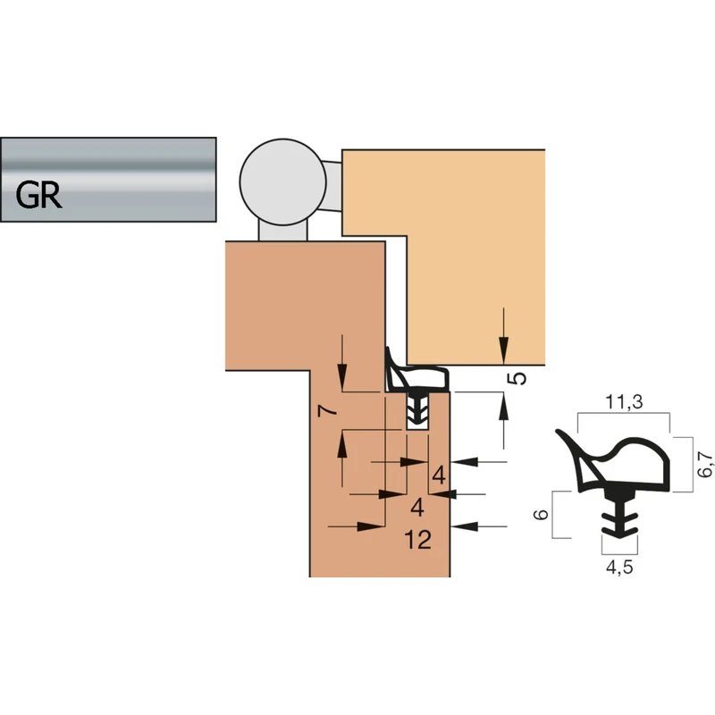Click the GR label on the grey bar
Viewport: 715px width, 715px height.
click(x=38, y=195)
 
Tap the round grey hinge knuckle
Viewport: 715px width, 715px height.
click(x=282, y=182)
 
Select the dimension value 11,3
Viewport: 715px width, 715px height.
click(x=624, y=401)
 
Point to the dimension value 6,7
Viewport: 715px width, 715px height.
click(x=705, y=464)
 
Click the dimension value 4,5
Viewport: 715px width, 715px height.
click(x=619, y=567)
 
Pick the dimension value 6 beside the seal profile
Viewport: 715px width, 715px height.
click(x=541, y=515)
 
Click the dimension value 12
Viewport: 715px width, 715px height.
click(x=417, y=540)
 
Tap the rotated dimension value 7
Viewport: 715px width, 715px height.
click(x=328, y=411)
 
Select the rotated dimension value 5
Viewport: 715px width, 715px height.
click(x=517, y=378)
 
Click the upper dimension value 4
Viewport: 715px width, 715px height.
click(x=439, y=475)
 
